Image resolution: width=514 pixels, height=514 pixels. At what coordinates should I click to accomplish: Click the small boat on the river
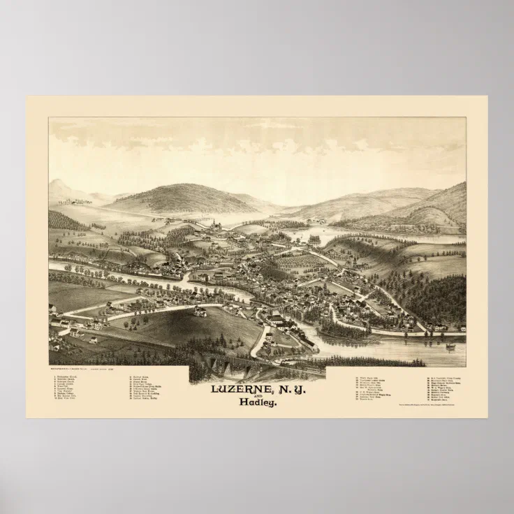point(450,346)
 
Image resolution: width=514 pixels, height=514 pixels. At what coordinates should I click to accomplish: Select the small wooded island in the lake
point(314,240)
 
